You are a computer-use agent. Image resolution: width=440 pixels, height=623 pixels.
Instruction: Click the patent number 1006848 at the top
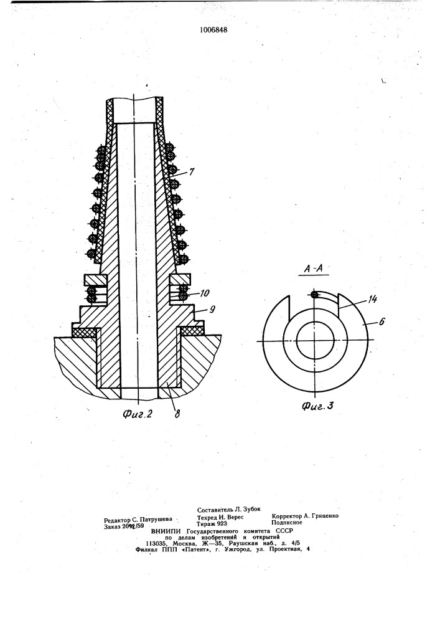tap(214, 30)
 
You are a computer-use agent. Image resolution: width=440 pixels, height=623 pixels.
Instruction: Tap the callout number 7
tap(191, 172)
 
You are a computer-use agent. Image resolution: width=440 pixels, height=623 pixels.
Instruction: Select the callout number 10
tap(205, 293)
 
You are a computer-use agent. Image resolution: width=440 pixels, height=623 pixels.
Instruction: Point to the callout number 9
tap(212, 309)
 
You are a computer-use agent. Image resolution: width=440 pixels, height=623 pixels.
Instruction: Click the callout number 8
tap(177, 414)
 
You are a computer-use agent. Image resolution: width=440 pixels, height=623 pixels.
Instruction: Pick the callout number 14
tap(372, 300)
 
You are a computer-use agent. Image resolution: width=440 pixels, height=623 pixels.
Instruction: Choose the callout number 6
tap(381, 321)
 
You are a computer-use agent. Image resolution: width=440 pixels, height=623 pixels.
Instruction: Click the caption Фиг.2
tap(138, 414)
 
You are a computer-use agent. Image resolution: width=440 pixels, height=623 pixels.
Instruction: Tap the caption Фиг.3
tap(317, 406)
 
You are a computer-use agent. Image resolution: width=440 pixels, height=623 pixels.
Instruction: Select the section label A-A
tap(314, 269)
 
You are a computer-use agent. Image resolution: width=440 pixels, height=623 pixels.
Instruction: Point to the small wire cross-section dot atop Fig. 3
tap(314, 295)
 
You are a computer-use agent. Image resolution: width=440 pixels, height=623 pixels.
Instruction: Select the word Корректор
tap(286, 516)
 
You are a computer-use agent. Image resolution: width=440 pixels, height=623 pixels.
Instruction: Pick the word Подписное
tap(287, 523)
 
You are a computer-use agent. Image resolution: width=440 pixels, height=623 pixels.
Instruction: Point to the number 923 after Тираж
tap(222, 524)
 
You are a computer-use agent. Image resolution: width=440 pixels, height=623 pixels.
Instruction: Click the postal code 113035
tap(156, 543)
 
